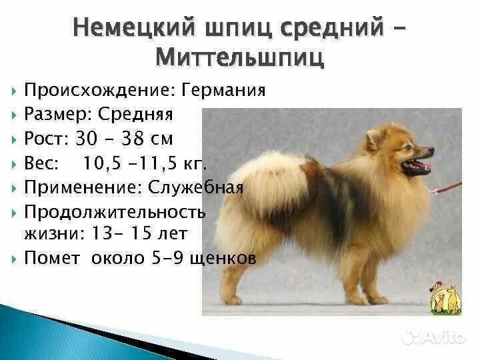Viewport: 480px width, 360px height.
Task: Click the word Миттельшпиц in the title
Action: click(x=240, y=57)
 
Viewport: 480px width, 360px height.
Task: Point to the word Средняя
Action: click(x=135, y=114)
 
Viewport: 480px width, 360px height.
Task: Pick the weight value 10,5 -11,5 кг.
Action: click(x=145, y=163)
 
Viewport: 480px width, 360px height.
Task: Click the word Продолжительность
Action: click(x=114, y=212)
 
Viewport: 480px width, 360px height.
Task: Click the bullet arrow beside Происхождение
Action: click(x=15, y=91)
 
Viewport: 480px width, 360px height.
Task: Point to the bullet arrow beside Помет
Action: click(x=15, y=259)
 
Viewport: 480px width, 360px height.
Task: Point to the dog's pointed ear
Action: click(x=373, y=137)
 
